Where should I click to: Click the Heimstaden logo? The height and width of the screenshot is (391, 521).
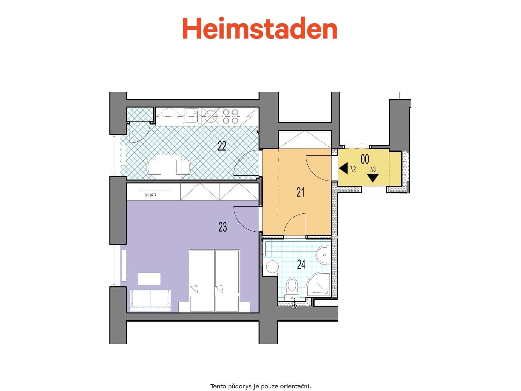(260, 29)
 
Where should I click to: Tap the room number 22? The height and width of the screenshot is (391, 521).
(222, 146)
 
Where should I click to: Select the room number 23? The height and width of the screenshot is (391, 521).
(223, 227)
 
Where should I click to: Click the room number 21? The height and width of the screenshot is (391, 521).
(300, 192)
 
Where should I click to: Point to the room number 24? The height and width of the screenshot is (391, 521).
(302, 264)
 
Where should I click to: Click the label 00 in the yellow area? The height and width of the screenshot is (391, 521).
(365, 159)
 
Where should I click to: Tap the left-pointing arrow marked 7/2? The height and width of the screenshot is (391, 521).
(343, 169)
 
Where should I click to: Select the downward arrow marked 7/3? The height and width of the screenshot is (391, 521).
(373, 178)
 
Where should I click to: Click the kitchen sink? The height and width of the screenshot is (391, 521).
(191, 116)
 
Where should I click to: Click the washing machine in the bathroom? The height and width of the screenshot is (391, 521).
(272, 267)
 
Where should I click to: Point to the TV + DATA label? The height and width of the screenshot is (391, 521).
(150, 195)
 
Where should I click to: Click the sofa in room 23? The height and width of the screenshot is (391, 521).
(150, 299)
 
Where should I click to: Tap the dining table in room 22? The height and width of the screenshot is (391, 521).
(168, 165)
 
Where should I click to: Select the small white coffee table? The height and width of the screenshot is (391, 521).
(149, 279)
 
